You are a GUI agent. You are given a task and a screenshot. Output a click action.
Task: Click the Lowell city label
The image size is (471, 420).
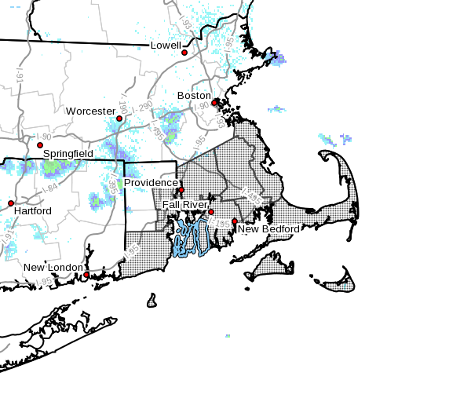[166, 46]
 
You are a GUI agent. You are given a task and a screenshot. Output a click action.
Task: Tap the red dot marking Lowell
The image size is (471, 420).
[185, 53]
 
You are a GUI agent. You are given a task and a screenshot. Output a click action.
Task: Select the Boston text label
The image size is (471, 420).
[194, 96]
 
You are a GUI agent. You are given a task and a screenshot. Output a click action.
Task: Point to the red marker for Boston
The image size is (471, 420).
[214, 103]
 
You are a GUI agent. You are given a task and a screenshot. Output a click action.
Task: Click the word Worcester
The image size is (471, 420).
[90, 111]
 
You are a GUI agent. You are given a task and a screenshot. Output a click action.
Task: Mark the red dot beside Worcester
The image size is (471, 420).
[119, 119]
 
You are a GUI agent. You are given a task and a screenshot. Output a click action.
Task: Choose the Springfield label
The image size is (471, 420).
[68, 154]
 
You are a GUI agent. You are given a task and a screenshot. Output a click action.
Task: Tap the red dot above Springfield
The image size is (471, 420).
[40, 145]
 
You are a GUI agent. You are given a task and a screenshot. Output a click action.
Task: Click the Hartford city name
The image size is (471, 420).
[32, 211]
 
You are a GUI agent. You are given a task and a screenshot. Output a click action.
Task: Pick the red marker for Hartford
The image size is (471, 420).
[11, 203]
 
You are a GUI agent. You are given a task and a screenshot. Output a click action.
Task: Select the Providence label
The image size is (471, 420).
[151, 183]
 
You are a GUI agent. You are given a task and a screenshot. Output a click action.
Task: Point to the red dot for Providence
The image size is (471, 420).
[181, 190]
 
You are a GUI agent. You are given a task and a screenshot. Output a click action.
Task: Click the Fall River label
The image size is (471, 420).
[184, 205]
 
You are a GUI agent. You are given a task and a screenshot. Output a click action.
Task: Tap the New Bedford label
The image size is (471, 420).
[268, 229]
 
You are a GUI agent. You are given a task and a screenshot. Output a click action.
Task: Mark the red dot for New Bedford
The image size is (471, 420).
[235, 221]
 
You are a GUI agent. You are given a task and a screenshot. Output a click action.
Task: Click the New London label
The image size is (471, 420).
[53, 268]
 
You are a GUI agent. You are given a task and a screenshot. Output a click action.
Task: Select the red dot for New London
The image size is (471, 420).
[86, 275]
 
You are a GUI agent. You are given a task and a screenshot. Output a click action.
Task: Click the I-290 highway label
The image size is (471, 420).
[143, 106]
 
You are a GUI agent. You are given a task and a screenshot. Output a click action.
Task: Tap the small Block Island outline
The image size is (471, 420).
[152, 301]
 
